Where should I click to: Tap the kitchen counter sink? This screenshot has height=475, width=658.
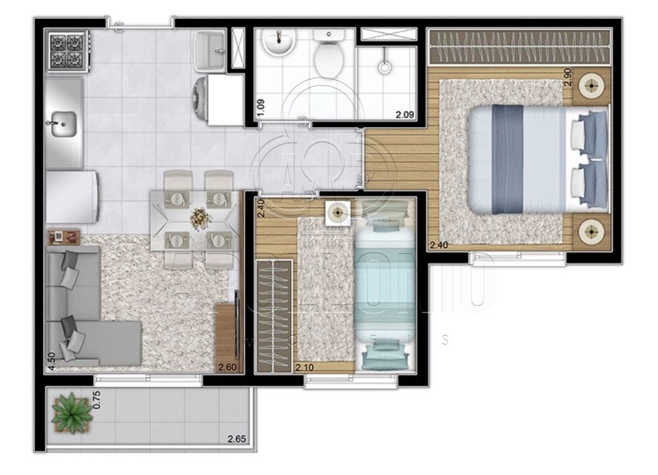tap(64, 122)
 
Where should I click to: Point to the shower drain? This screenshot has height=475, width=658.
tap(384, 66)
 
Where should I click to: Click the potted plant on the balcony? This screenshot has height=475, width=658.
tap(69, 412)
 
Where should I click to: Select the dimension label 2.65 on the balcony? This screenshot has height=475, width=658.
tap(236, 439)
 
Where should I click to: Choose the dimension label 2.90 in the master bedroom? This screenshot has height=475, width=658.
tap(567, 78)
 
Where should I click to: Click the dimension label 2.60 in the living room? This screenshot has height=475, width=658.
tap(228, 368)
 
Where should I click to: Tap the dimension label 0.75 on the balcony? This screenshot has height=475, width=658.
tap(95, 400)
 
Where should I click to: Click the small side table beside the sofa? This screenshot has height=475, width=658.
tap(63, 236)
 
